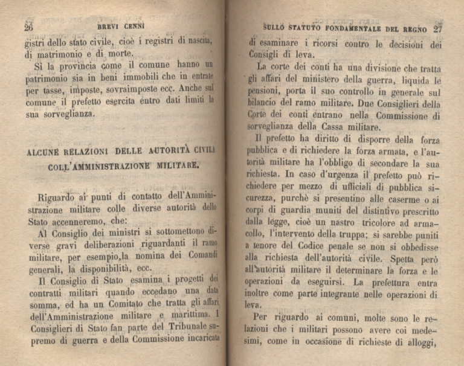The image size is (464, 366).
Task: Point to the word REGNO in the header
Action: pos(412,28)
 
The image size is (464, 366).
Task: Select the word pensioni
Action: pos(268,90)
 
